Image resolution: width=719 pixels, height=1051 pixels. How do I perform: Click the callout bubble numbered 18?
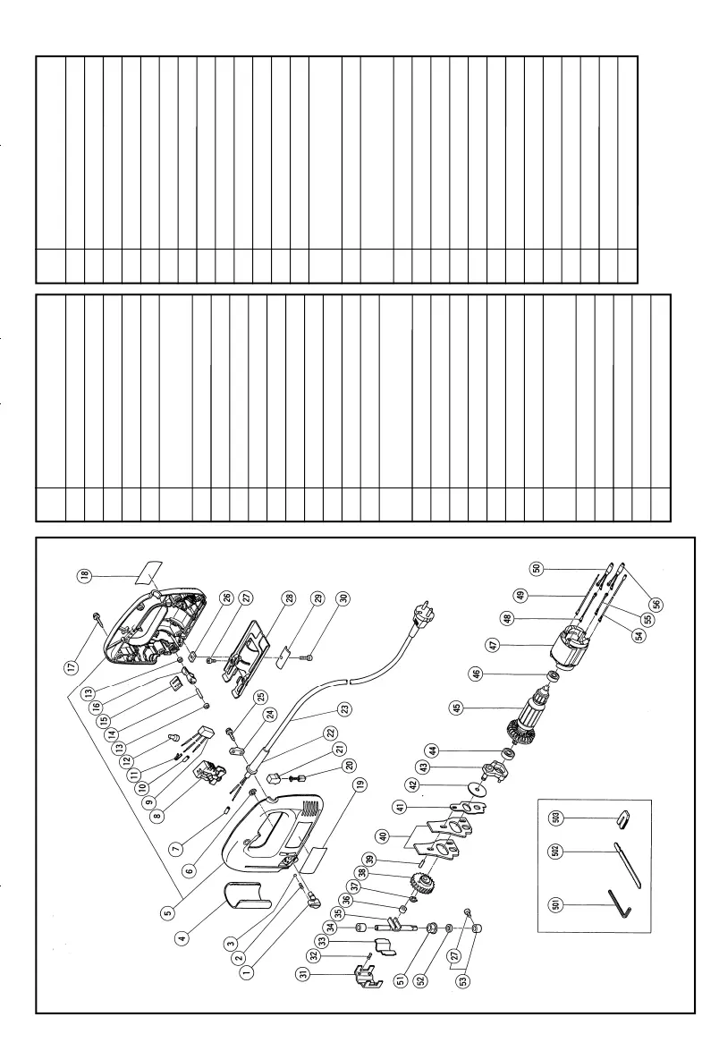(x=84, y=575)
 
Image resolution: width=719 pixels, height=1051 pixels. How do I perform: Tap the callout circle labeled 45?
(x=457, y=708)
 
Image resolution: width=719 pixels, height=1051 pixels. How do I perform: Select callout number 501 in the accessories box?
(x=554, y=905)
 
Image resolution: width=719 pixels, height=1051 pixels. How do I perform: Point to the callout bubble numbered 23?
(x=345, y=708)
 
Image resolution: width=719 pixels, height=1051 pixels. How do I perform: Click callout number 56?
(x=658, y=604)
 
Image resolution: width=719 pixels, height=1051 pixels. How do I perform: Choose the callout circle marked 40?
(x=384, y=836)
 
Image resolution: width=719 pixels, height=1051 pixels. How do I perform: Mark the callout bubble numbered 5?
(x=168, y=912)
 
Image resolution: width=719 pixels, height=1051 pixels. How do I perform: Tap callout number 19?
(x=361, y=785)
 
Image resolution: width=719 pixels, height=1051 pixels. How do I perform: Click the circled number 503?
(x=554, y=818)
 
